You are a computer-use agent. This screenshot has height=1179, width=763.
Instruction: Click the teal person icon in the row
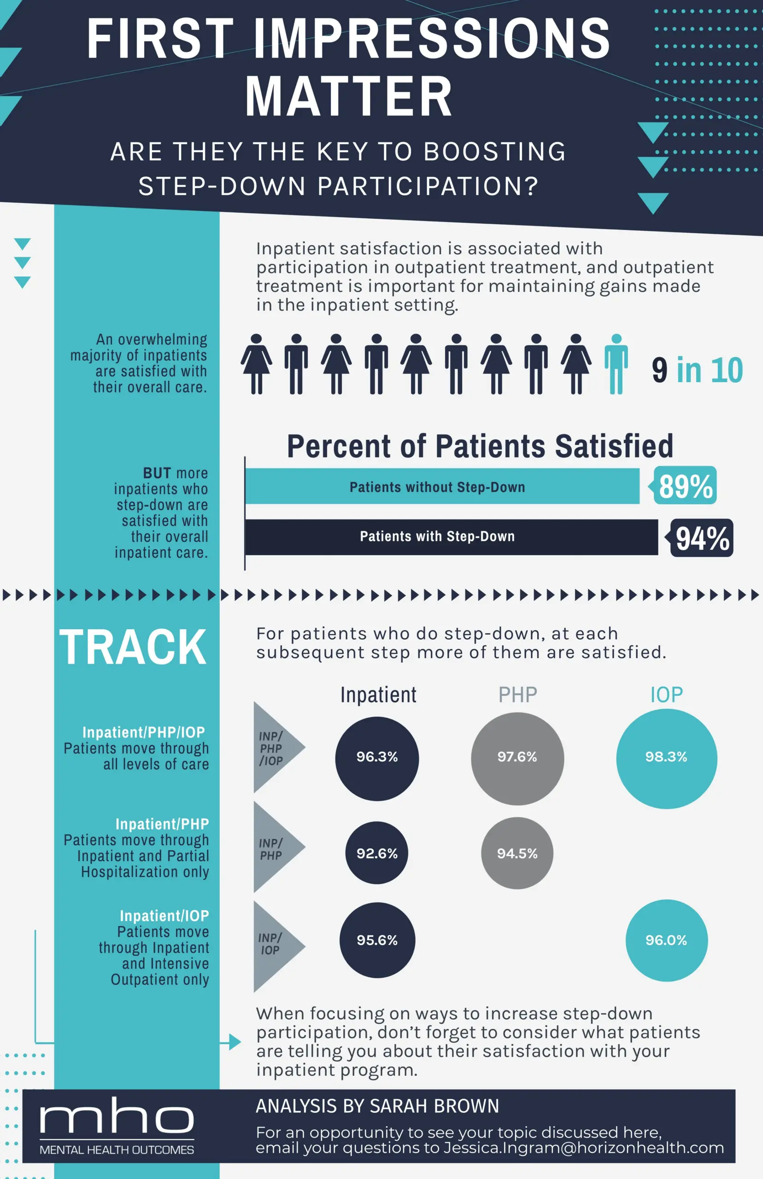point(616,364)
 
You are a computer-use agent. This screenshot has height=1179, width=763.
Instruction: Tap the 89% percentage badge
point(684,485)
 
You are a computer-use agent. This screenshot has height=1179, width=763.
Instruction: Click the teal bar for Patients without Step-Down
point(442,486)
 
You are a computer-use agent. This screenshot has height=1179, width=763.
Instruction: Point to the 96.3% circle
point(377,759)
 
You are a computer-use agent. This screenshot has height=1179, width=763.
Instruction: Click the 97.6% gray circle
point(517,759)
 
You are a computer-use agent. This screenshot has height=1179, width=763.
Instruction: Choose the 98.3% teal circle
point(666,759)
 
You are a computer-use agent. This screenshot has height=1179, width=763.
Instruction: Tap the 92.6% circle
point(376,853)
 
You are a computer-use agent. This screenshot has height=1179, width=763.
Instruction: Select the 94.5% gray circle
point(517,853)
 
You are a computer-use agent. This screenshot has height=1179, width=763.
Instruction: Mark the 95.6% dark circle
point(377,940)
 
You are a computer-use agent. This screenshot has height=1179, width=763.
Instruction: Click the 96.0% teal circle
point(666,940)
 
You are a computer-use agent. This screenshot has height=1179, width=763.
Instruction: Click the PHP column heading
point(518,695)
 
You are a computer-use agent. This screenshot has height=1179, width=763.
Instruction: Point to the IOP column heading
point(666,695)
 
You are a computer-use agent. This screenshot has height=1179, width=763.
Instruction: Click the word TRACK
point(133,647)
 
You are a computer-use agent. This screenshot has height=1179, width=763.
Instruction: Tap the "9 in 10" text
point(697,370)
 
